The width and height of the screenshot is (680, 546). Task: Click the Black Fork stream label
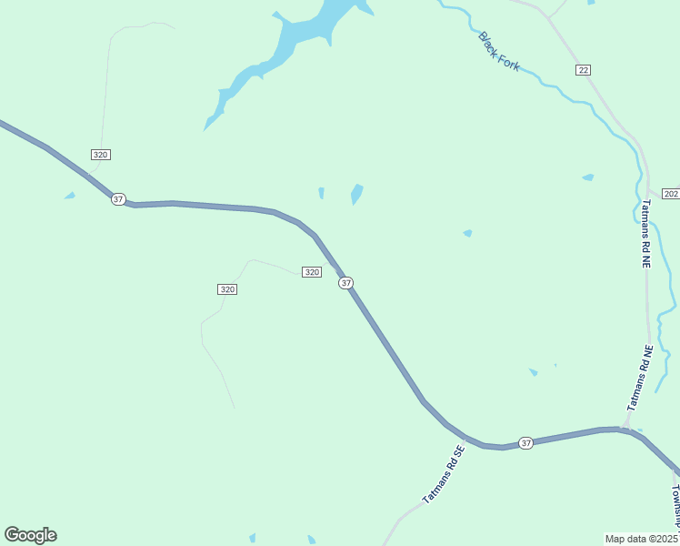499,52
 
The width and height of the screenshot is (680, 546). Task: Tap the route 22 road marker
583,70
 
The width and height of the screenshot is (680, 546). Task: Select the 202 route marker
671,194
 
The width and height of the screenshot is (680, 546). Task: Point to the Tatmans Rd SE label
444,474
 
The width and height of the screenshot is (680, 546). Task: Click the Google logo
30,535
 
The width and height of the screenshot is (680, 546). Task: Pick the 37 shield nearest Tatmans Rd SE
525,442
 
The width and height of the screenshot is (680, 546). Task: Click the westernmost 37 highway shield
118,198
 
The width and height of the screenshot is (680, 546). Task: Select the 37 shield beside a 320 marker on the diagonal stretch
345,283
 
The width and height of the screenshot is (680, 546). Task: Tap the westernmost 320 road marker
100,155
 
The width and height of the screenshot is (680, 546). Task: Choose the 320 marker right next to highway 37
311,272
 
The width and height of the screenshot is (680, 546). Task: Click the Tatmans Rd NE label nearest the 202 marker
647,234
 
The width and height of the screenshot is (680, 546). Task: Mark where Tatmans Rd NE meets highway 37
626,428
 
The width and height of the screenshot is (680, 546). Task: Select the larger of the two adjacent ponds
356,194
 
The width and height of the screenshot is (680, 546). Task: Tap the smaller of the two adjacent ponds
321,193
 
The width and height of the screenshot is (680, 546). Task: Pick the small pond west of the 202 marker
587,177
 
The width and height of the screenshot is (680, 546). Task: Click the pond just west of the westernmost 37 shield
69,196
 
